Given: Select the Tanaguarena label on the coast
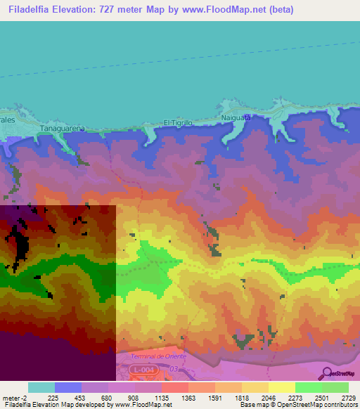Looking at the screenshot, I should pos(63,129).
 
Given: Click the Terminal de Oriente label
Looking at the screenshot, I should pos(156,356).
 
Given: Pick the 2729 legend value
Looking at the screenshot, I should pos(348,397).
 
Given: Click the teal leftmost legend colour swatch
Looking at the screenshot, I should pos(41,387).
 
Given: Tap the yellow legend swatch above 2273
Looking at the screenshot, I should pos(281,387).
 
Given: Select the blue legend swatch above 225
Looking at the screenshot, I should pos(68,387).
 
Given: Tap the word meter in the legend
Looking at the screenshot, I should pos(11,397).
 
